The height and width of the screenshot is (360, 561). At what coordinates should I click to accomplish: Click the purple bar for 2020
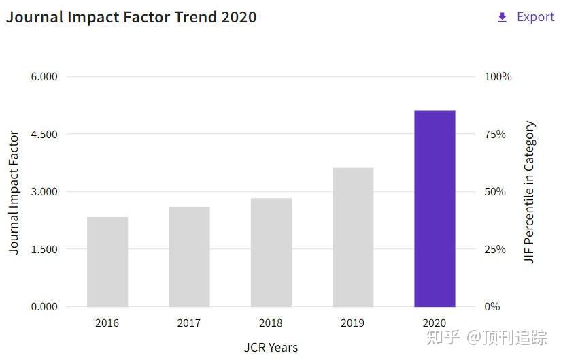pyautogui.click(x=435, y=208)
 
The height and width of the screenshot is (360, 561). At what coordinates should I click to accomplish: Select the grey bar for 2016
pyautogui.click(x=107, y=262)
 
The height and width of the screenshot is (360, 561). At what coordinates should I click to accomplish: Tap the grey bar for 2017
pyautogui.click(x=189, y=257)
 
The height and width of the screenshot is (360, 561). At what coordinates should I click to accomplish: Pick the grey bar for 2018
pyautogui.click(x=271, y=252)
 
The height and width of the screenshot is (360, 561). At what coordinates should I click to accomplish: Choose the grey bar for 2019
pyautogui.click(x=353, y=237)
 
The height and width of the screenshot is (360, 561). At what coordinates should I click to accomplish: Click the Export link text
pyautogui.click(x=536, y=17)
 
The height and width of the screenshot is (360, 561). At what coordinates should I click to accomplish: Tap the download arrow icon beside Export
pyautogui.click(x=503, y=17)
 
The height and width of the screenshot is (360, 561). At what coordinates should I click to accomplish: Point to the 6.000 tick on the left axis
pyautogui.click(x=44, y=77)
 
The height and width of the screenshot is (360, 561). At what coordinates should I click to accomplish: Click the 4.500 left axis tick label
pyautogui.click(x=44, y=134)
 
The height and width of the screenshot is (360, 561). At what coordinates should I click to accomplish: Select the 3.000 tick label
pyautogui.click(x=44, y=192)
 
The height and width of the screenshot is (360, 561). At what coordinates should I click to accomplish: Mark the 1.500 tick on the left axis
pyautogui.click(x=44, y=249)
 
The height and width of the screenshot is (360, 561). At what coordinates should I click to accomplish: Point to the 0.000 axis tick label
pyautogui.click(x=44, y=307)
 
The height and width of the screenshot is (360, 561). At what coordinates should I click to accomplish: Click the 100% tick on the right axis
pyautogui.click(x=498, y=77)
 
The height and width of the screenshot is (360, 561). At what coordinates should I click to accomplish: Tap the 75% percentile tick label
pyautogui.click(x=495, y=134)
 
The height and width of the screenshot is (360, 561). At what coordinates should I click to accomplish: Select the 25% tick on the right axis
pyautogui.click(x=495, y=249)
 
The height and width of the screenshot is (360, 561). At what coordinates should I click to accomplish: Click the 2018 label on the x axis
pyautogui.click(x=271, y=323)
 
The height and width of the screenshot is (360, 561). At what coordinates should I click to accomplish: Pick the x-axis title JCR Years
pyautogui.click(x=271, y=348)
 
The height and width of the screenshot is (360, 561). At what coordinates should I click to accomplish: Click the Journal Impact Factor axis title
pyautogui.click(x=14, y=193)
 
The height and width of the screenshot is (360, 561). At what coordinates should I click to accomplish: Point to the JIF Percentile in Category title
pyautogui.click(x=530, y=192)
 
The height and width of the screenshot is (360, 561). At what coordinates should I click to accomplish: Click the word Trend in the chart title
pyautogui.click(x=195, y=17)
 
